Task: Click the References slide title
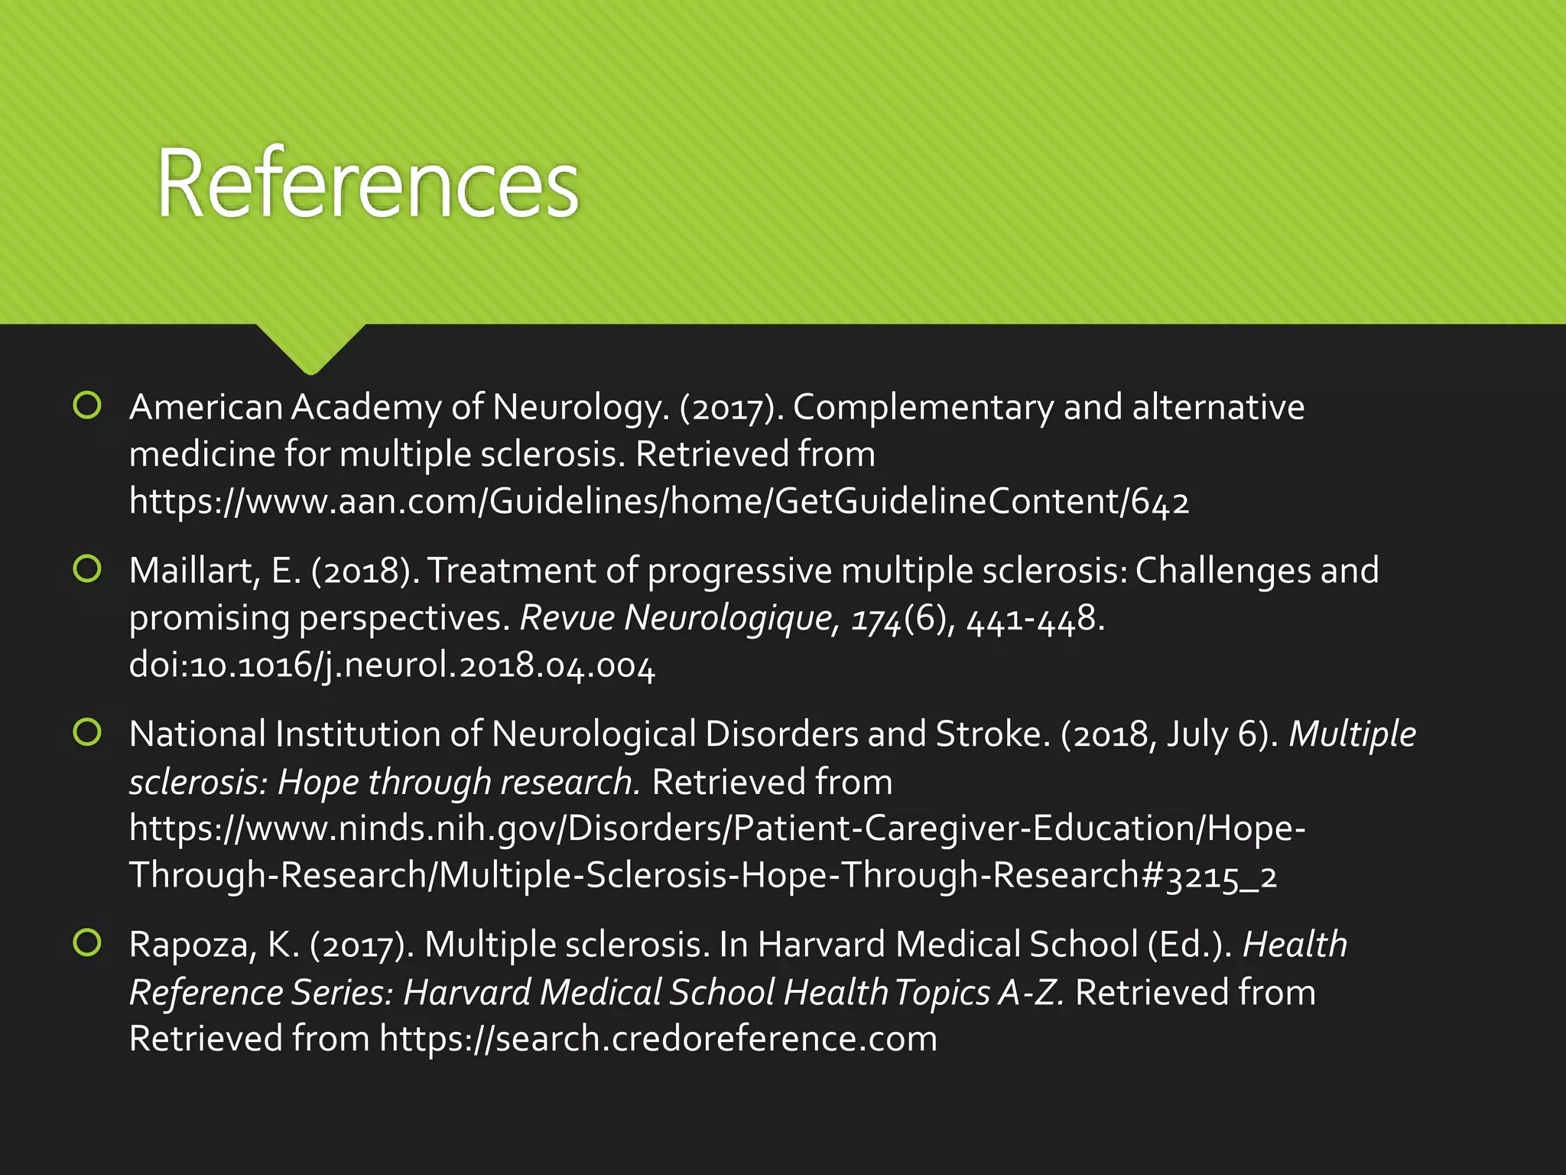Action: (x=368, y=184)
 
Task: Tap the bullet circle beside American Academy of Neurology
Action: (x=87, y=405)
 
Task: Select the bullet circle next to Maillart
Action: (x=87, y=568)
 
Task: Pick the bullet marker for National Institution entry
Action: (x=87, y=732)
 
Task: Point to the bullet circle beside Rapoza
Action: (x=87, y=942)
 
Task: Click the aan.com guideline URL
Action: (x=658, y=502)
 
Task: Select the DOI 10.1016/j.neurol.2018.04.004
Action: (x=391, y=666)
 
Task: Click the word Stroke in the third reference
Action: (x=988, y=734)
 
